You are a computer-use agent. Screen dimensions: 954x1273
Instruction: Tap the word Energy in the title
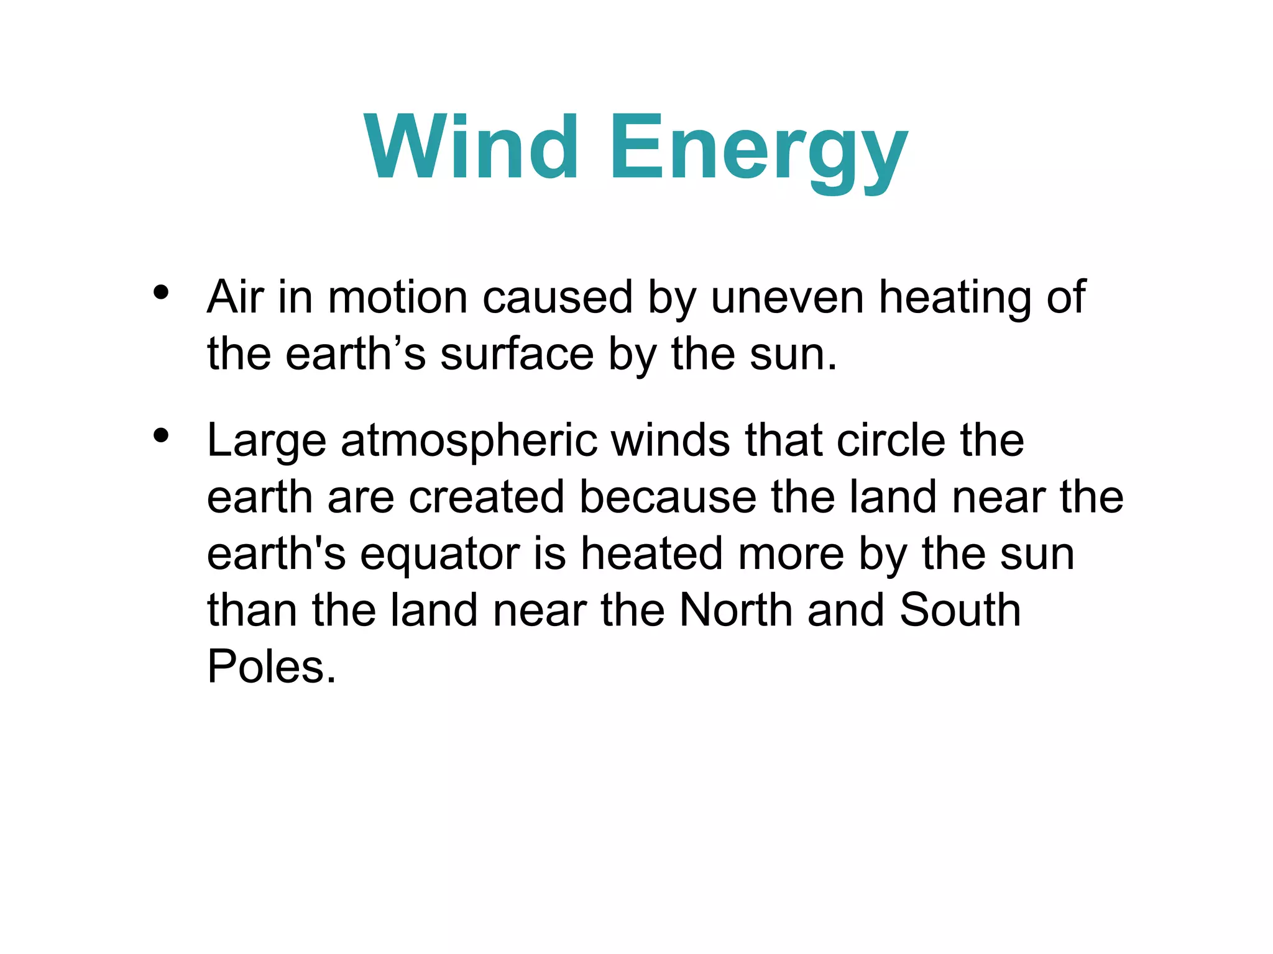[x=758, y=152]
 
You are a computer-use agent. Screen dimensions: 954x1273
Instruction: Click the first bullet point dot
[x=161, y=293]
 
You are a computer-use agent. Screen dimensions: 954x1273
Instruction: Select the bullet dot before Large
[x=161, y=436]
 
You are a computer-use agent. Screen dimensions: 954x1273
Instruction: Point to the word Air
[x=235, y=297]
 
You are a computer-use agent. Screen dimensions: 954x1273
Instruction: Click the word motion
[x=397, y=297]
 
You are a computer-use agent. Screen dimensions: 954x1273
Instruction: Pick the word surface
[x=517, y=354]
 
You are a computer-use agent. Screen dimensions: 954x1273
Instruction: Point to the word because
[x=668, y=497]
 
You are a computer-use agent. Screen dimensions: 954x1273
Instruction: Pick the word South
[x=960, y=610]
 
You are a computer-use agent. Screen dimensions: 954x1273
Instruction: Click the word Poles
[x=271, y=666]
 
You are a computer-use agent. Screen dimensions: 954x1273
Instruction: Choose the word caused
[x=558, y=297]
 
